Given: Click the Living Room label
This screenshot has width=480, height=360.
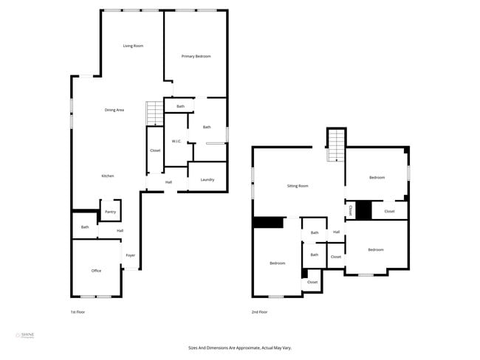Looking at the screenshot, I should [133, 46].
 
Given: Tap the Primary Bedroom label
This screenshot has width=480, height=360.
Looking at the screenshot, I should [196, 56].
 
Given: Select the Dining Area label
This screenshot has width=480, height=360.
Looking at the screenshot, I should [114, 110].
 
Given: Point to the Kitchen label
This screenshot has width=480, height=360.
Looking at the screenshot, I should [108, 176].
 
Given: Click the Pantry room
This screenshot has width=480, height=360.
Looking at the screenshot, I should [110, 211].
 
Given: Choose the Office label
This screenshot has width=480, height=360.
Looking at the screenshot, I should [96, 271].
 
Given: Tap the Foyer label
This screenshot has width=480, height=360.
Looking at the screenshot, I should [130, 255].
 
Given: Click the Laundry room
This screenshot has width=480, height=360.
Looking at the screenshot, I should [207, 179].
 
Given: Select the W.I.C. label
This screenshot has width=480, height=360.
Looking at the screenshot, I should [176, 141].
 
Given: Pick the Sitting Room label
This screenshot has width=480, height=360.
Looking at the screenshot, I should [298, 186].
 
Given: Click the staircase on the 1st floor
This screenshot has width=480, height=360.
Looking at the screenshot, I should [154, 114].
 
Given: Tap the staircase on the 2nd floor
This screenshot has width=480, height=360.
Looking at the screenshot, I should [336, 144].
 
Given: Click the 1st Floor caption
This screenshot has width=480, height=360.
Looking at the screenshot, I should [77, 312].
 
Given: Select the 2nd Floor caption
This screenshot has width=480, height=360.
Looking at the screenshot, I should [259, 312].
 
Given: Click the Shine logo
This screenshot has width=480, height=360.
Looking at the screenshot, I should [25, 336].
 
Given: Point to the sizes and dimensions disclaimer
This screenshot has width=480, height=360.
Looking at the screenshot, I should [240, 347].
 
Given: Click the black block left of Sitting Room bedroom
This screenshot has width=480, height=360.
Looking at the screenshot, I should [268, 222].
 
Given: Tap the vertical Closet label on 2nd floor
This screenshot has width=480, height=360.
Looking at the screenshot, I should [350, 210].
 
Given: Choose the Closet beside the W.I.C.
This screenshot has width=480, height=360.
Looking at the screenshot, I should [155, 150].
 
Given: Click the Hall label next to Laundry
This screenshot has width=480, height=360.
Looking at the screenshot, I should [168, 181].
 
